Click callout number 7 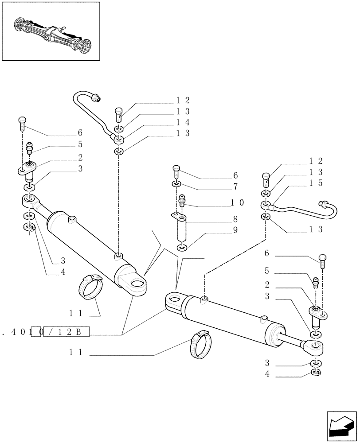click(235, 186)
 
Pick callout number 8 click(235, 219)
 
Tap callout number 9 click(235, 230)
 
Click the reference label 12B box click(66, 331)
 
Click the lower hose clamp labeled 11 click(200, 346)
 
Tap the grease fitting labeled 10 click(181, 202)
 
